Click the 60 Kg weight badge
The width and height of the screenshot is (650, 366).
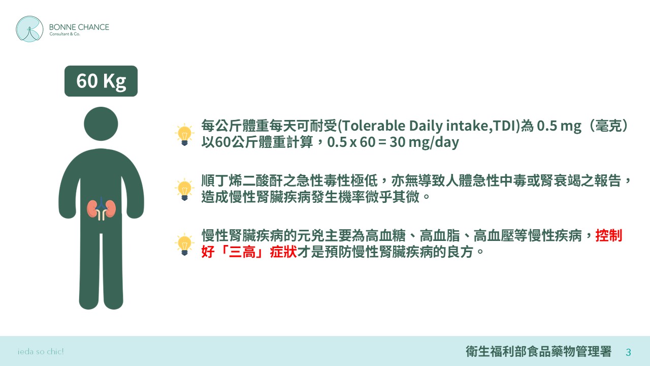(x=101, y=81)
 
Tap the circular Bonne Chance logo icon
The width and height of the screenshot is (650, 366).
(x=29, y=29)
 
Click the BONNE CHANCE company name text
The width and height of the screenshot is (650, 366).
(x=79, y=27)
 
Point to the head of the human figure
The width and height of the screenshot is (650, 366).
(x=101, y=124)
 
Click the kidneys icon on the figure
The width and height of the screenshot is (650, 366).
(x=101, y=209)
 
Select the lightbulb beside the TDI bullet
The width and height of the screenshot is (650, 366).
(x=184, y=135)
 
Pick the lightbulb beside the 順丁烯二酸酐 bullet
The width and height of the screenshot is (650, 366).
(x=184, y=190)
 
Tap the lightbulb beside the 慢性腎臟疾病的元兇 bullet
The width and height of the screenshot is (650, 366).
(x=184, y=245)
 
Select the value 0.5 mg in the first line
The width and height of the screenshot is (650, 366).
(x=559, y=126)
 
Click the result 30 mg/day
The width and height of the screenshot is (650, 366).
(x=424, y=142)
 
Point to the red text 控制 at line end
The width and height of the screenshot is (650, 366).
(x=609, y=235)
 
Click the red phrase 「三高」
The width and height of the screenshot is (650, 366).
(x=242, y=252)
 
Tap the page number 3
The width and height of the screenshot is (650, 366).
(x=628, y=352)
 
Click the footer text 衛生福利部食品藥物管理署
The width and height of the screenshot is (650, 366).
(x=539, y=351)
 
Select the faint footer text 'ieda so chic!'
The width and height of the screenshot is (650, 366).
(x=41, y=352)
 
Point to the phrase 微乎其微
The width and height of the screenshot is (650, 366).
(x=393, y=197)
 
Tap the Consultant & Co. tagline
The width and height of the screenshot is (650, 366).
(x=64, y=34)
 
